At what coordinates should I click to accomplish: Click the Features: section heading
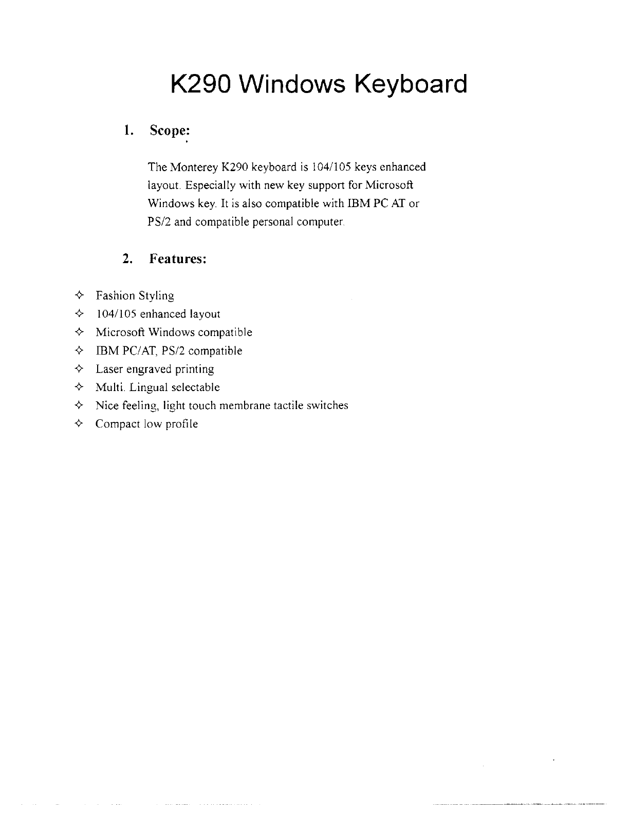(x=178, y=258)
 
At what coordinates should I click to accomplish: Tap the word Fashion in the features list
(x=115, y=296)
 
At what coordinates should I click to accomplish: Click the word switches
(x=327, y=405)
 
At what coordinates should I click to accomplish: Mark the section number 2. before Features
(x=128, y=258)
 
